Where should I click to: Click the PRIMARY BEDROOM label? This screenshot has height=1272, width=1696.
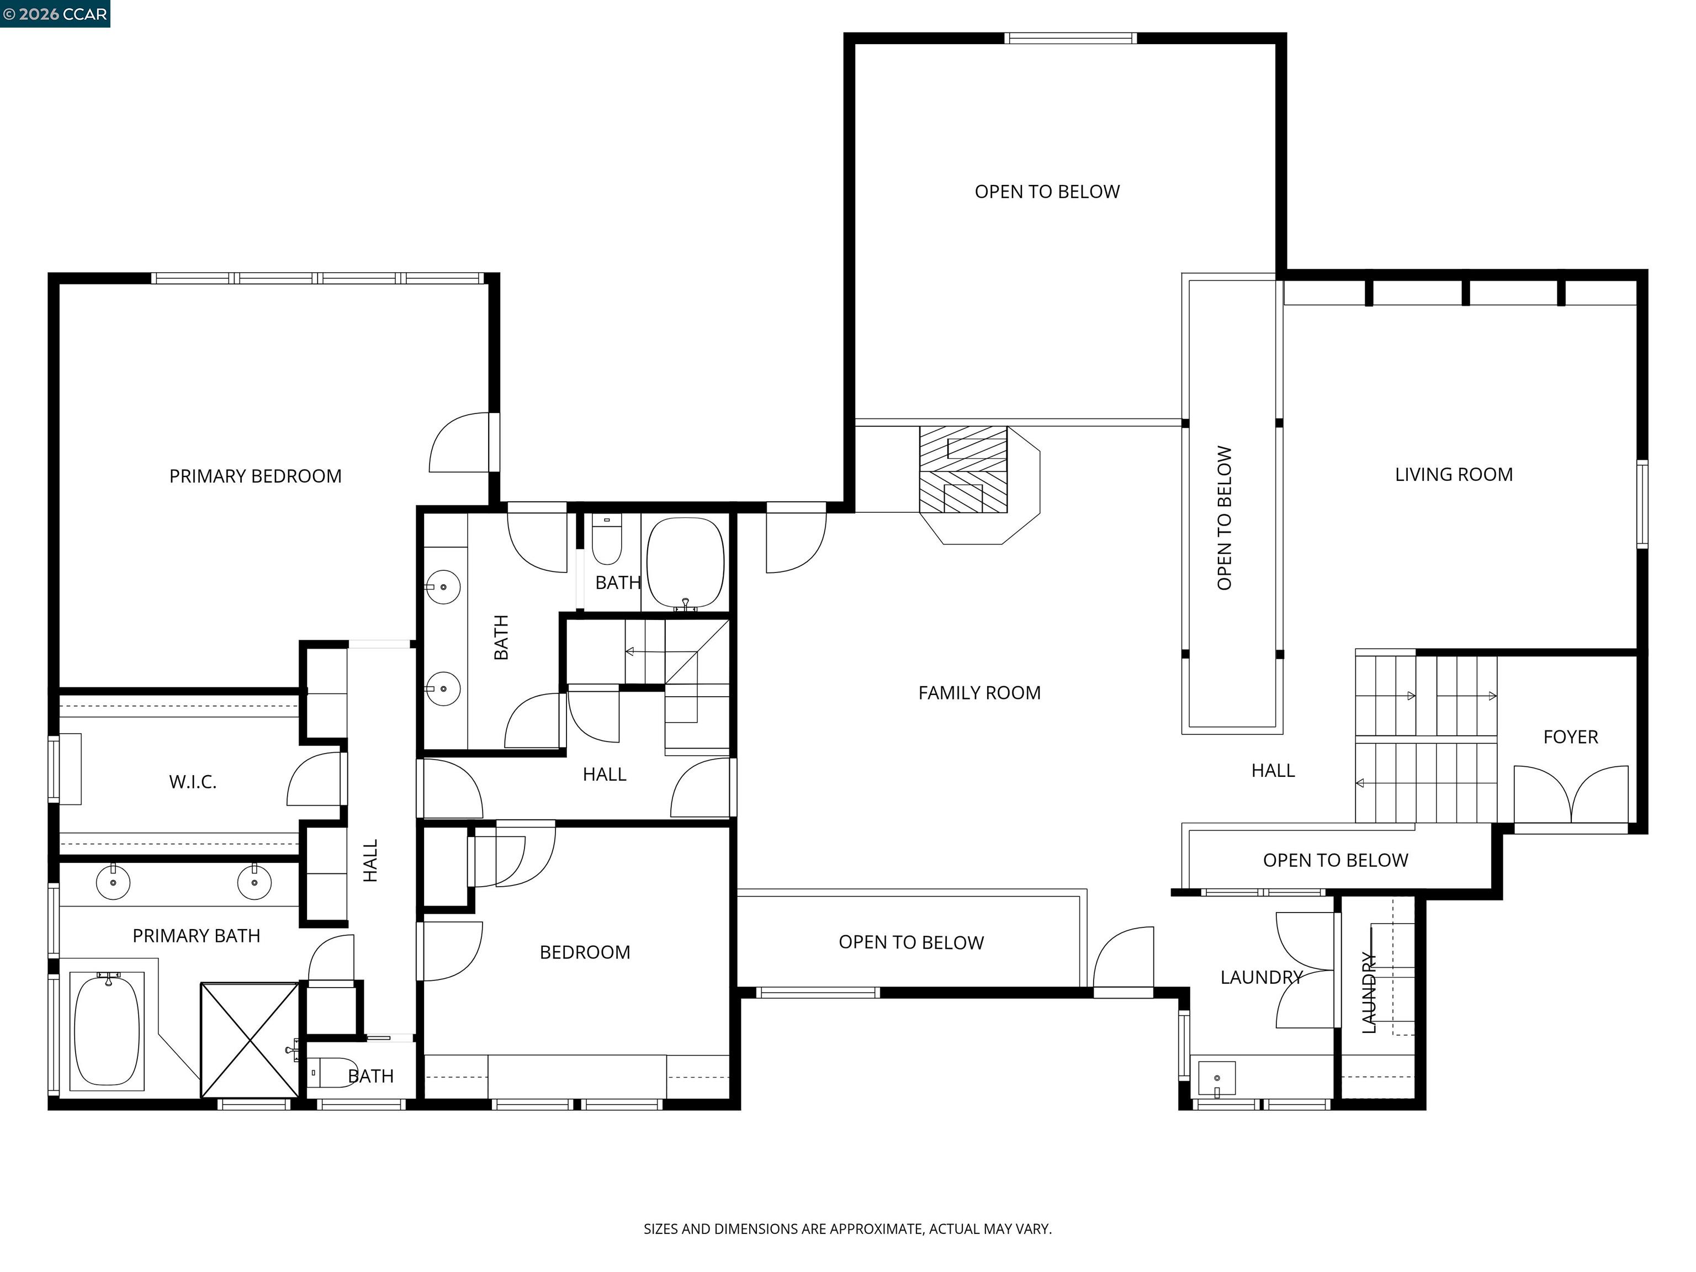[x=255, y=476]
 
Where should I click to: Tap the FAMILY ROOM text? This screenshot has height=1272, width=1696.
[x=979, y=693]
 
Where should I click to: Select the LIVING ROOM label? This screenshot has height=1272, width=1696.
[x=1453, y=475]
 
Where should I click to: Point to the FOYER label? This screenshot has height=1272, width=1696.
[x=1570, y=737]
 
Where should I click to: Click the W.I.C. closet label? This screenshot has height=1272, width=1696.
[x=193, y=782]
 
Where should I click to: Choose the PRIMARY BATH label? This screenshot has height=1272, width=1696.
[x=197, y=935]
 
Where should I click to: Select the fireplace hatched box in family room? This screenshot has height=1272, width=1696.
[x=963, y=469]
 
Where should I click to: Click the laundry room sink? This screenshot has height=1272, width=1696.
[x=1217, y=1079]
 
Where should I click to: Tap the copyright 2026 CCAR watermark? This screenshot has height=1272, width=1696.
[x=55, y=14]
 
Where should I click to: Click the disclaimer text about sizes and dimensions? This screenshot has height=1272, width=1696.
[x=847, y=1228]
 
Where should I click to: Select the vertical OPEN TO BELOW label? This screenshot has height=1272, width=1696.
[x=1225, y=518]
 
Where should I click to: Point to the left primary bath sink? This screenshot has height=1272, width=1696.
[x=113, y=882]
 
